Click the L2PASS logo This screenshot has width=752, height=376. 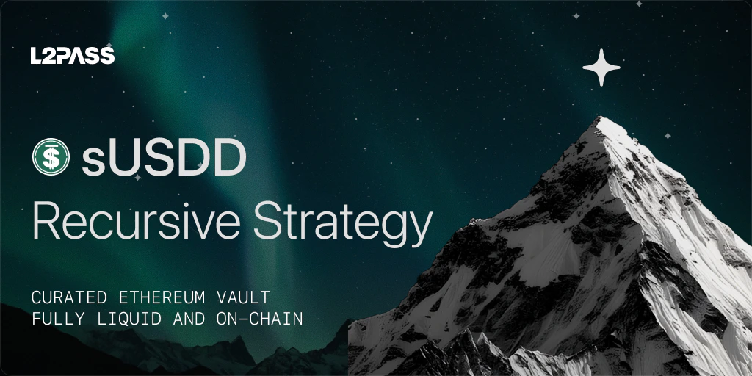pos(72,55)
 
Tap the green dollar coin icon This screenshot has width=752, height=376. pos(51,156)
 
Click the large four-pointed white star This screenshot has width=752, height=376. pos(601,68)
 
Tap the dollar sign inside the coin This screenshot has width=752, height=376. pos(51,156)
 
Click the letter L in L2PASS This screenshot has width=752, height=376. pos(36,56)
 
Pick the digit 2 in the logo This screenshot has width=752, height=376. pos(48,56)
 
